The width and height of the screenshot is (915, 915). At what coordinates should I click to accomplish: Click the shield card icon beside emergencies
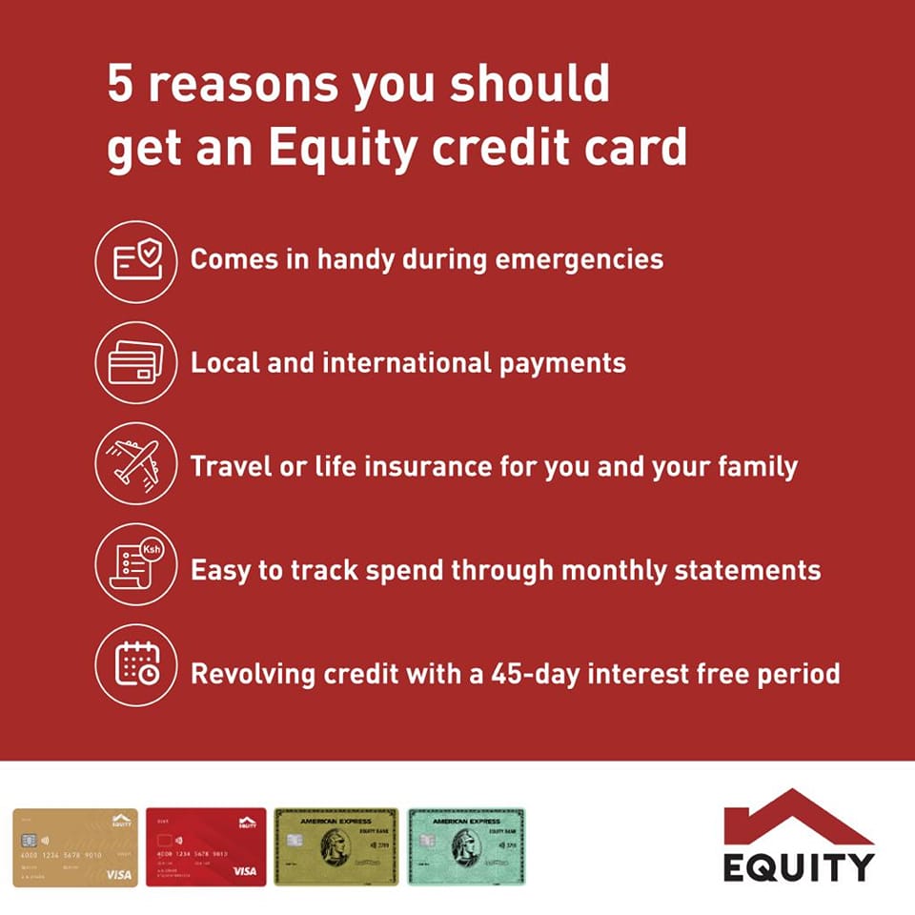click(136, 261)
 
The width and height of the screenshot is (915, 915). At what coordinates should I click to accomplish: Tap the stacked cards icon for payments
click(136, 362)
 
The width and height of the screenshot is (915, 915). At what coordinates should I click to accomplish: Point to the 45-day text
click(537, 674)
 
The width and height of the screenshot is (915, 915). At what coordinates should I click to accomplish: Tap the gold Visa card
click(74, 847)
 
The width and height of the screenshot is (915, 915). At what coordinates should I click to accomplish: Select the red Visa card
click(206, 847)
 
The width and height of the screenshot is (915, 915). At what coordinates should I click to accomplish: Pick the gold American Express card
click(335, 847)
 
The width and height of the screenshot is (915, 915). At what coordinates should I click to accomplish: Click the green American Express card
click(466, 847)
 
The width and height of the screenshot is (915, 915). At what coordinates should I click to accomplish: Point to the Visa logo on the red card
click(245, 872)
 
